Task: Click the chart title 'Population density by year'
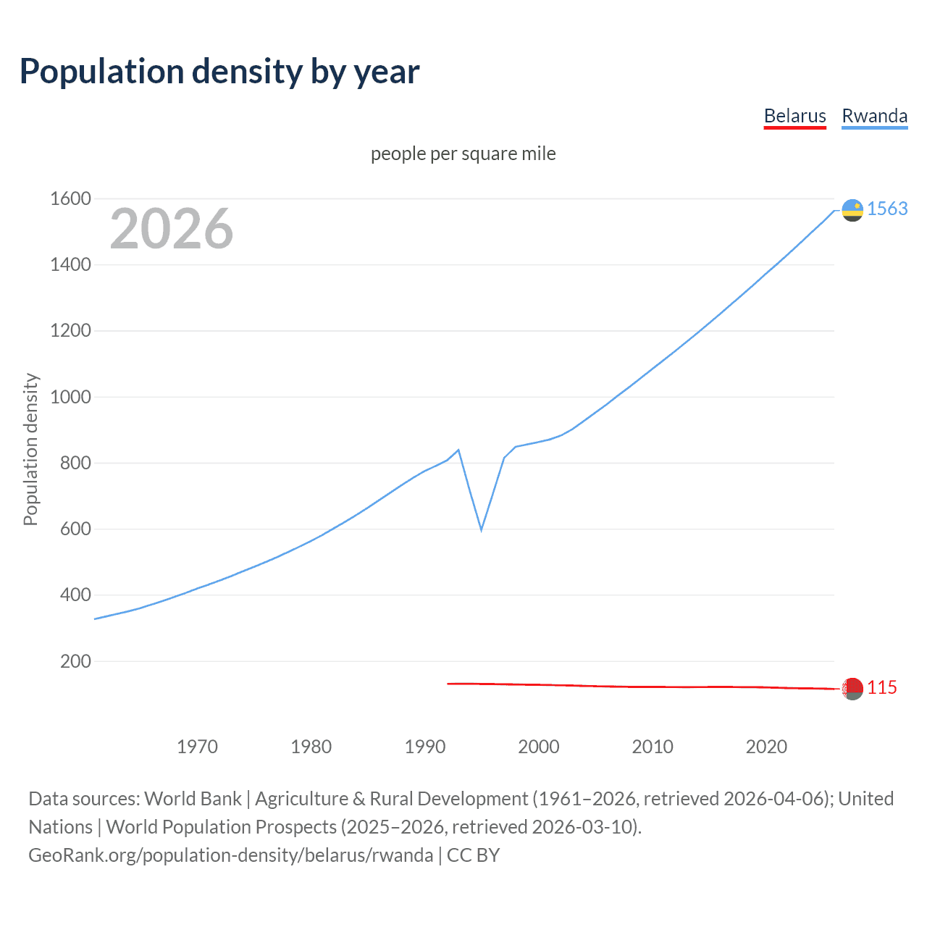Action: [219, 72]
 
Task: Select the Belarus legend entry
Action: [794, 116]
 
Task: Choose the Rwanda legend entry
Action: [874, 116]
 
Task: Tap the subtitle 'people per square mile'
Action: [463, 154]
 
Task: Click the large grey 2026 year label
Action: [172, 229]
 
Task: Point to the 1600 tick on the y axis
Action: [70, 198]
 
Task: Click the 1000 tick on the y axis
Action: [70, 397]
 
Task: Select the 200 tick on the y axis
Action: [75, 661]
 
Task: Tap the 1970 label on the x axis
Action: [197, 747]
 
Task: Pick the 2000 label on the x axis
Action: [539, 747]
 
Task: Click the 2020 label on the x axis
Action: [766, 747]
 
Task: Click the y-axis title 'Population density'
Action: [30, 449]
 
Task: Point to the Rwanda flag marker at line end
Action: [852, 210]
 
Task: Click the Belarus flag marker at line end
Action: [852, 688]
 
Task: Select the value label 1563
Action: [887, 209]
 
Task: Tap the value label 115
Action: [882, 687]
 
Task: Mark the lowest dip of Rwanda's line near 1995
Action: [481, 530]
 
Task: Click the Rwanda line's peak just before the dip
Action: [458, 450]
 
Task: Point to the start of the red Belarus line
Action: [448, 684]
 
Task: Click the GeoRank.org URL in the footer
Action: [230, 855]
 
